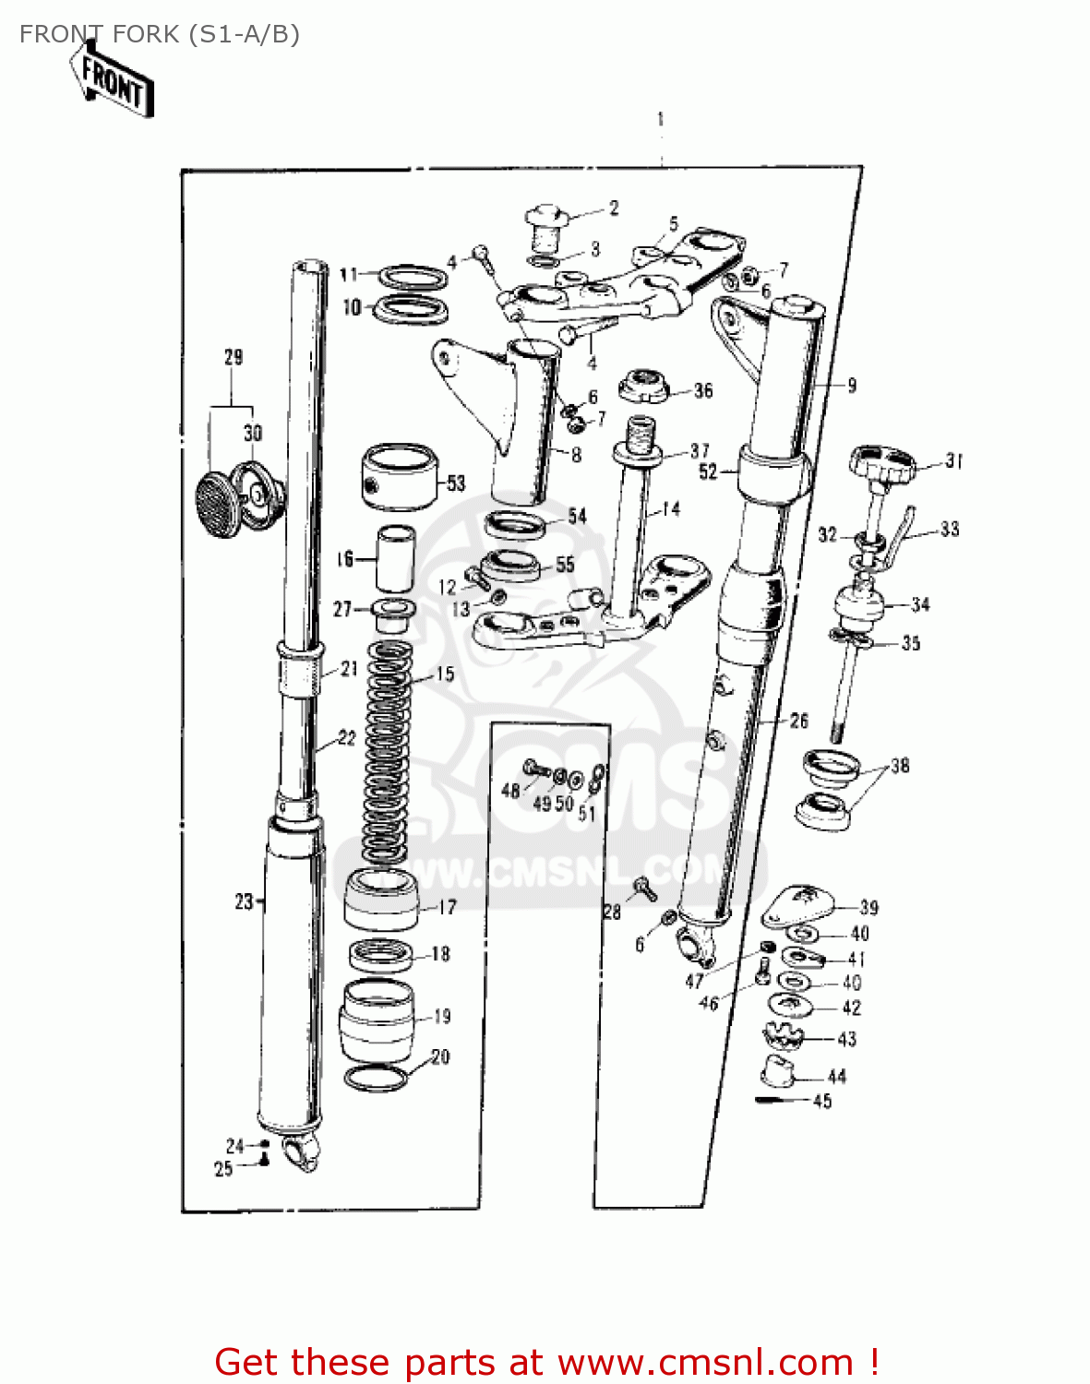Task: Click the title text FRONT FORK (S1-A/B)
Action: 159,34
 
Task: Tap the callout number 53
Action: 456,483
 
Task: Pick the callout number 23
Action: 244,901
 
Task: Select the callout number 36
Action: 703,390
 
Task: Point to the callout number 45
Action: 822,1101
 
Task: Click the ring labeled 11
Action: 411,278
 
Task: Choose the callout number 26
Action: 799,721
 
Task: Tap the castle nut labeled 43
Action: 784,1037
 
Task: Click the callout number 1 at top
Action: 661,119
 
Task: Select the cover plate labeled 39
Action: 797,904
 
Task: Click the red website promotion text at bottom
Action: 545,1362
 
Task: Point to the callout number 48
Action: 510,791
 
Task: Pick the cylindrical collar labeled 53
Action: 398,476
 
